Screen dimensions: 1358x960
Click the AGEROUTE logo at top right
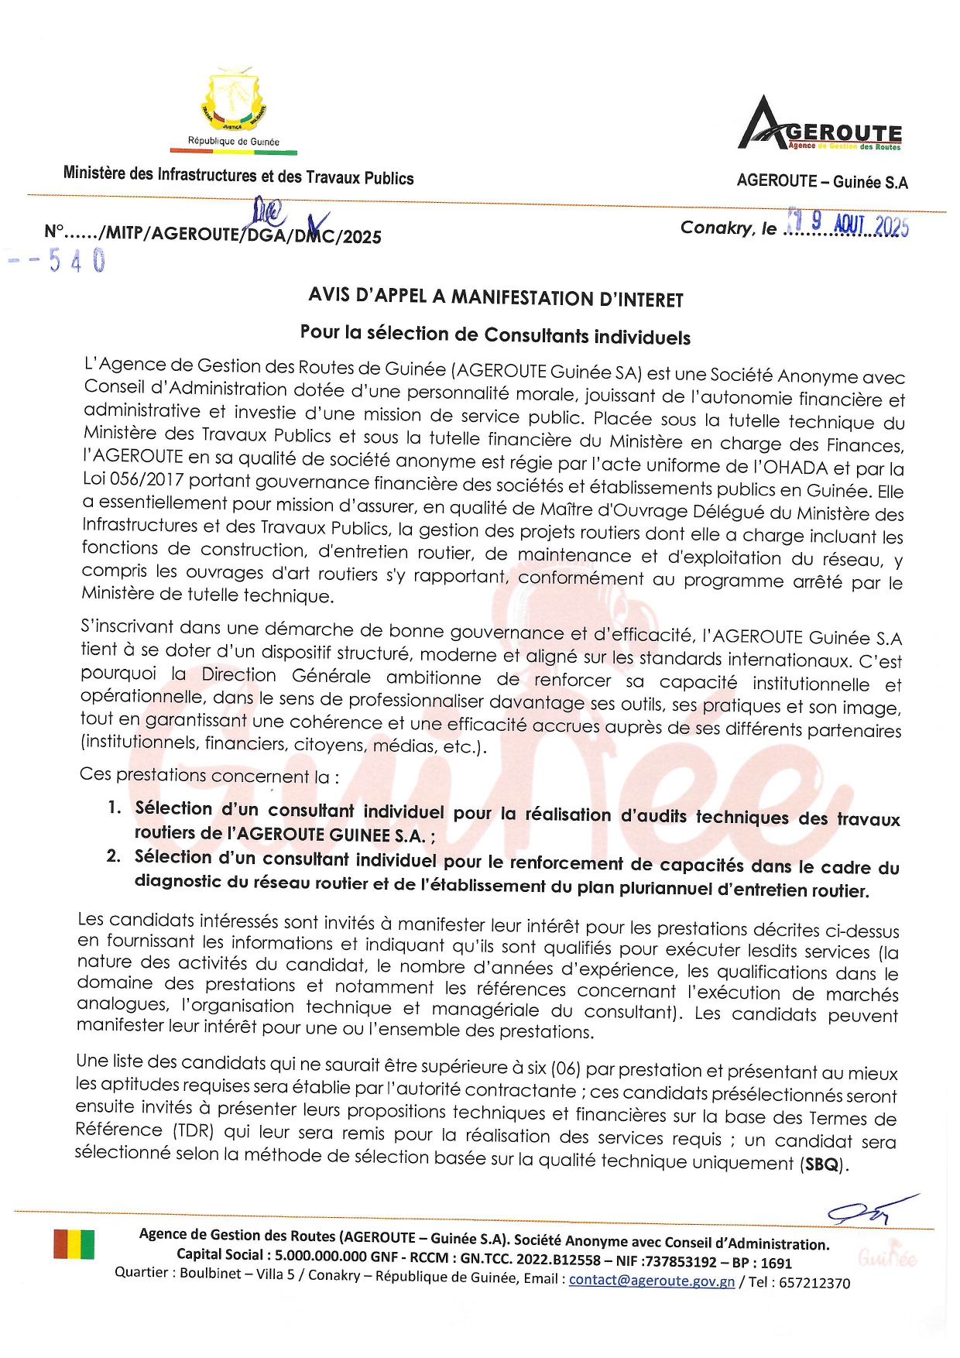(820, 125)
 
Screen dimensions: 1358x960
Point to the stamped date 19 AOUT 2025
(848, 224)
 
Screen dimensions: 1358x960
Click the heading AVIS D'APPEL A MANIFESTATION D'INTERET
(495, 297)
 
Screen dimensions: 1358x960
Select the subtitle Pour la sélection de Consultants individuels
(495, 334)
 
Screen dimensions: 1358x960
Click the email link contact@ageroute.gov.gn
(651, 1280)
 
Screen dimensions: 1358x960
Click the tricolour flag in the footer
(74, 1244)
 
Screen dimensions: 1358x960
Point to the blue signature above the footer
(867, 1211)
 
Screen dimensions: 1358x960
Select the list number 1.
(114, 808)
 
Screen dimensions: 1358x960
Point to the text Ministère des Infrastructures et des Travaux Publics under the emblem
(238, 176)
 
